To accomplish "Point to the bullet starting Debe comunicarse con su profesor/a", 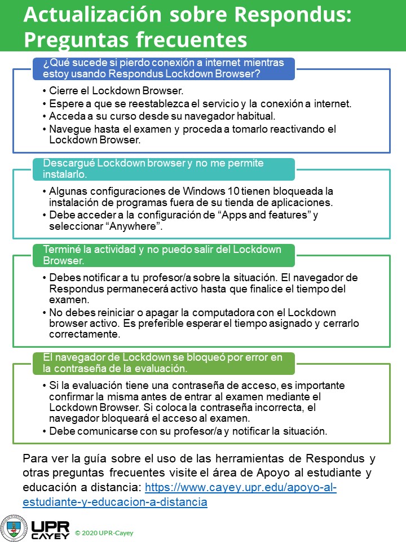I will [188, 431].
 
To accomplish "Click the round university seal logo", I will [13, 527].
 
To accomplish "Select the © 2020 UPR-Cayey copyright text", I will [104, 533].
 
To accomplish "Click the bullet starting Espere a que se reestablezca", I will [200, 103].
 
